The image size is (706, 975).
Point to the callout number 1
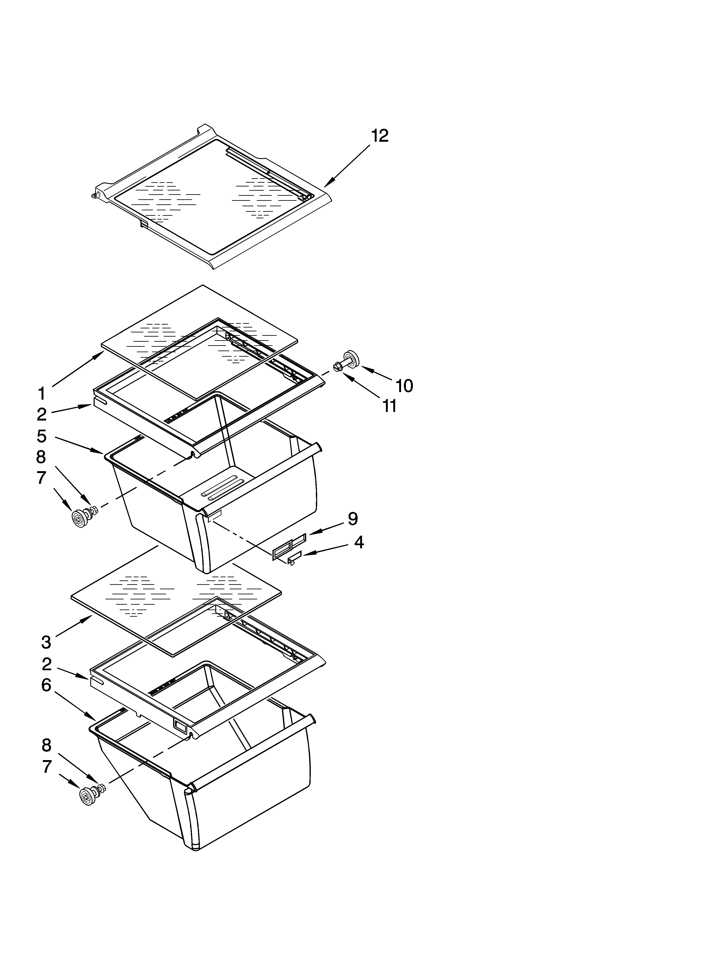pos(41,393)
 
